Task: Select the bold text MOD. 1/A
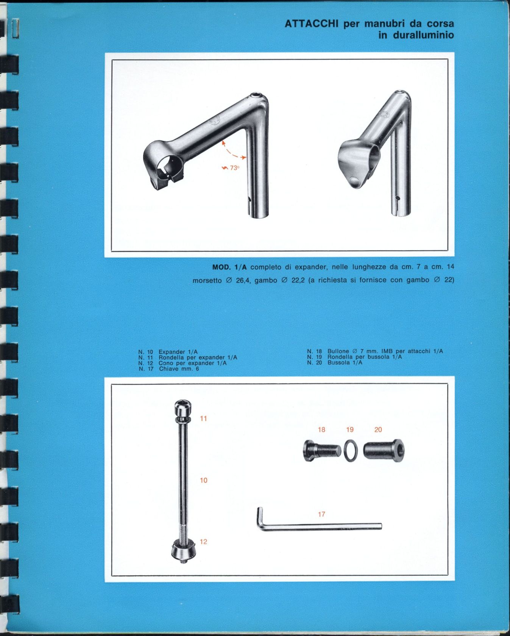pos(229,267)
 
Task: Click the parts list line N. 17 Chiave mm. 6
pos(169,369)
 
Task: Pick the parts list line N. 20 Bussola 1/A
pos(335,362)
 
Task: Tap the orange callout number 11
pos(204,418)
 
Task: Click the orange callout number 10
pos(204,480)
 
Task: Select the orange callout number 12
pos(203,542)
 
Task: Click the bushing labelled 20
pos(384,450)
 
